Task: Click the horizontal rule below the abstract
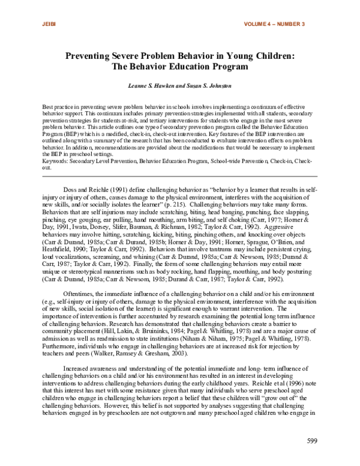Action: (180, 176)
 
